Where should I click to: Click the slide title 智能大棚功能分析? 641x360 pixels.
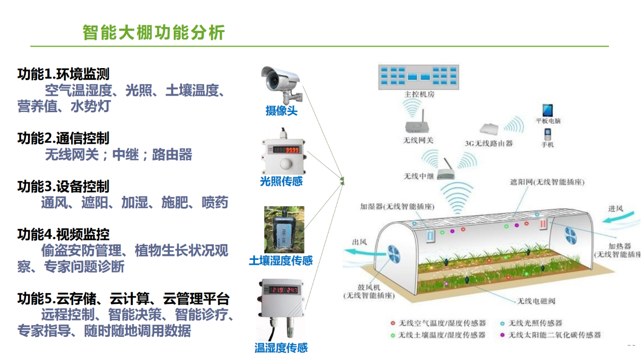coord(154,33)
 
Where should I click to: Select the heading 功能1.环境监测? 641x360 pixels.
coord(63,75)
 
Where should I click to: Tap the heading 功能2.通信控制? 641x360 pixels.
coord(63,138)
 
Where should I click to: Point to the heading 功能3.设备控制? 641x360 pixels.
coord(63,187)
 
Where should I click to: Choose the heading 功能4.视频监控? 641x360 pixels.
coord(63,234)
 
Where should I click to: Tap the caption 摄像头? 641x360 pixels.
coord(281,111)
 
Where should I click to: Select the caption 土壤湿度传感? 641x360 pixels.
coord(280,261)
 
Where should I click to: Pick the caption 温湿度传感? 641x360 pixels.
coord(281,348)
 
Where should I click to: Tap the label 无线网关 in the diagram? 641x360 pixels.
coord(418,141)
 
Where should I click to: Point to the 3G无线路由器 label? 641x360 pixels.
coord(489,143)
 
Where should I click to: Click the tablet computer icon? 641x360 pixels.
coord(548,110)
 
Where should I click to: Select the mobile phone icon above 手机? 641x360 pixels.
coord(547,134)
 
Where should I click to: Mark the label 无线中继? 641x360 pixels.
coord(419,176)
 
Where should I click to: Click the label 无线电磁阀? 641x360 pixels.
coord(536,301)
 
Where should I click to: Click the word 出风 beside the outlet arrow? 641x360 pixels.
coord(360,242)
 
